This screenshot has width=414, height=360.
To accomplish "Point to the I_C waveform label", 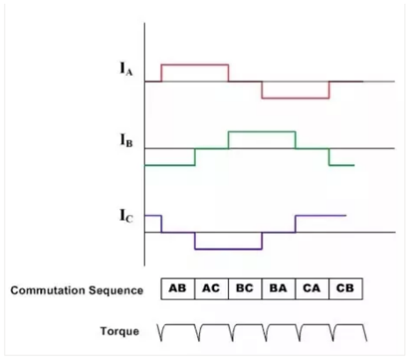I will [125, 218].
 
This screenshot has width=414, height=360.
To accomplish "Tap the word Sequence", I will [120, 290].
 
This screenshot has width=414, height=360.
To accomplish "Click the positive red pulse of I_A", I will [194, 65].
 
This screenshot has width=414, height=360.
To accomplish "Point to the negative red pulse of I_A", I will [295, 98].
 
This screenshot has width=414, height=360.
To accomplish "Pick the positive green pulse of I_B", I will [262, 132].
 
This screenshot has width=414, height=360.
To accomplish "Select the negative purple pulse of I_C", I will [228, 249].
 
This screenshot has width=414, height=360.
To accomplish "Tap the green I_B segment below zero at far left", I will [169, 165].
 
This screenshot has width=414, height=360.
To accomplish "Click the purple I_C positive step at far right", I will [320, 215].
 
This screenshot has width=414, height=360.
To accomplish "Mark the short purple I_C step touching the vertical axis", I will [153, 215].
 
